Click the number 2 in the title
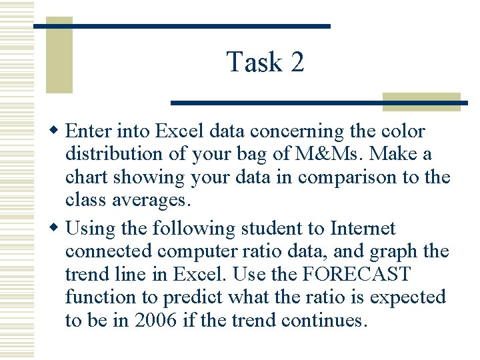click(297, 62)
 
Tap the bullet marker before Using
click(57, 229)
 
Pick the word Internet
click(363, 229)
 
